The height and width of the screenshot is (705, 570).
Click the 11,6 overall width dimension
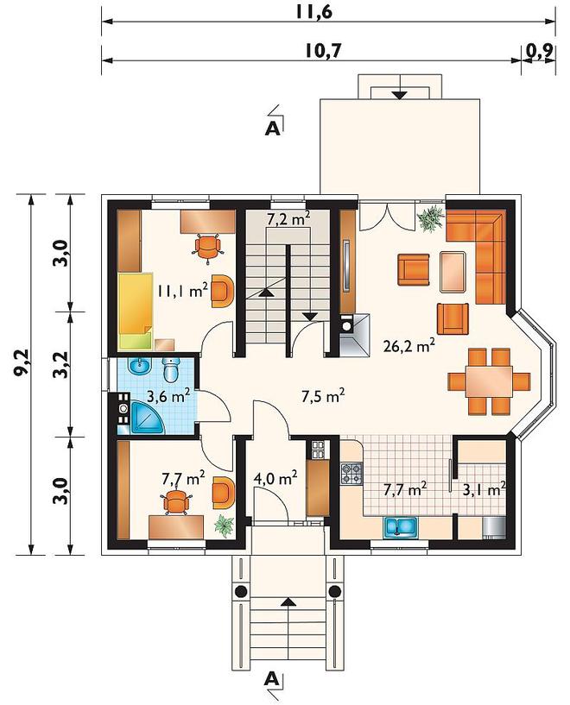coord(314,12)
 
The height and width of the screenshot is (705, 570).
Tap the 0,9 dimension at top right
coord(539,51)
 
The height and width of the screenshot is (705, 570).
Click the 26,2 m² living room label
coord(409,345)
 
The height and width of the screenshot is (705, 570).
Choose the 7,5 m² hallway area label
coord(323,396)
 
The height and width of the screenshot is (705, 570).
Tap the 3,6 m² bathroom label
coord(168,396)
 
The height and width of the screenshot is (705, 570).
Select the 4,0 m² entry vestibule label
coord(275,478)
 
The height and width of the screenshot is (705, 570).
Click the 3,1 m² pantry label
coord(484,488)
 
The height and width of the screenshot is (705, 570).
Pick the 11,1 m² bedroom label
coord(182,291)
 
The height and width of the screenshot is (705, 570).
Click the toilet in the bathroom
coord(170,369)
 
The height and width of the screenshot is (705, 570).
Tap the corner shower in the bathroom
coord(148,418)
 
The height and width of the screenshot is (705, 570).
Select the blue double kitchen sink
coord(401,527)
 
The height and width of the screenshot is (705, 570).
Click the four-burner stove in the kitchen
coord(351,474)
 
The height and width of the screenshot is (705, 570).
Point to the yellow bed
coord(136,311)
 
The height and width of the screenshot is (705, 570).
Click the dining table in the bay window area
coord(489,381)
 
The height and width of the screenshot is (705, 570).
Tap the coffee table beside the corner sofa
coord(453,272)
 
